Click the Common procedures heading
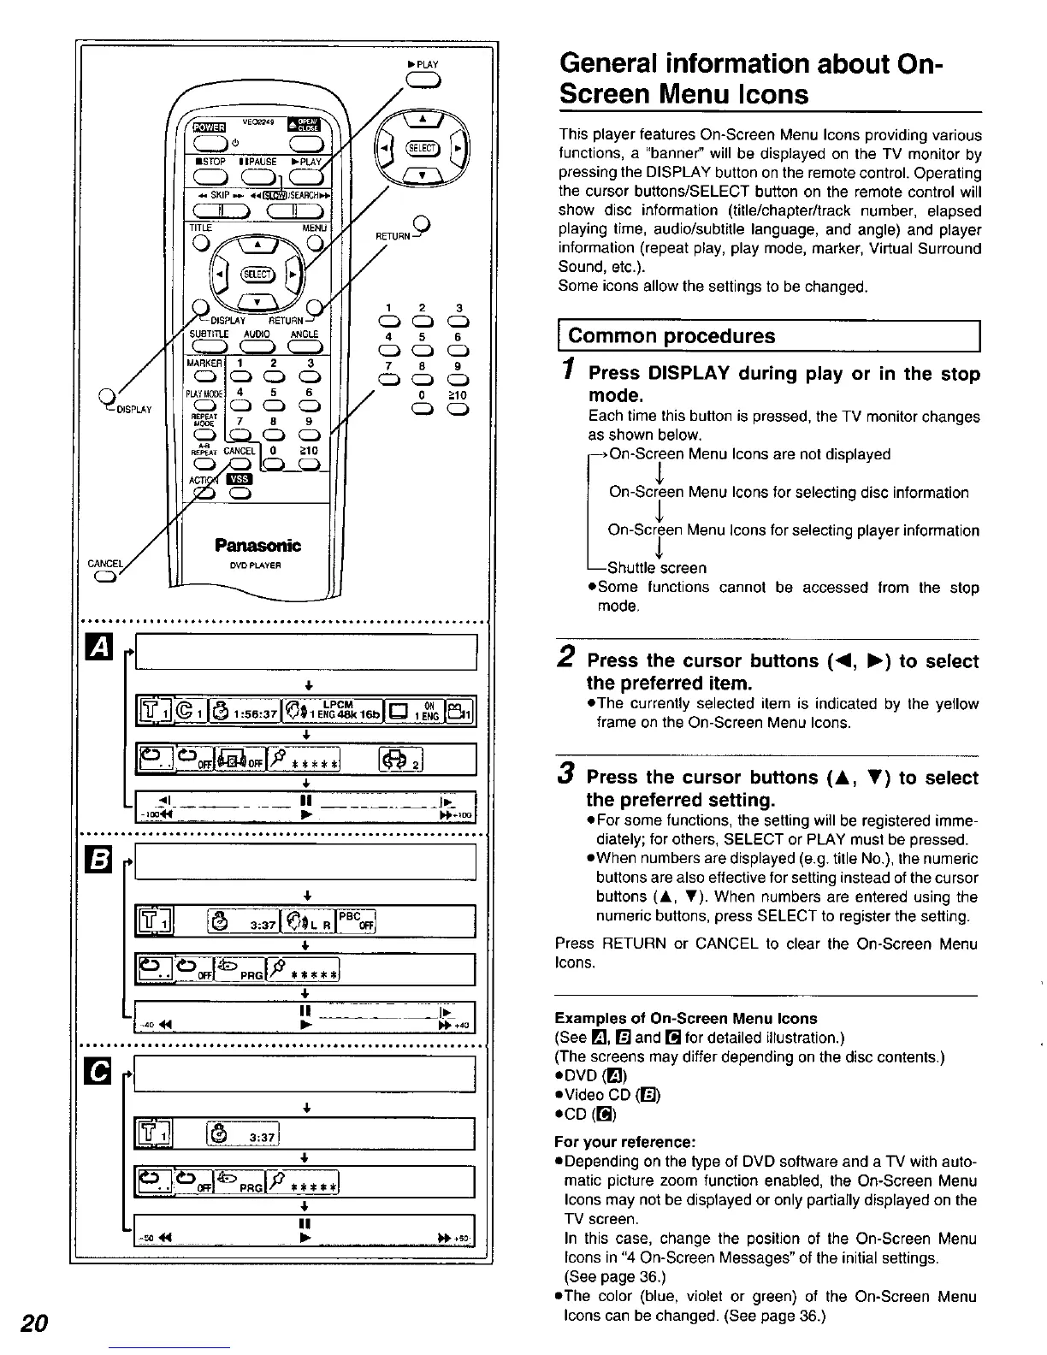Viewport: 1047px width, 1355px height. click(x=671, y=335)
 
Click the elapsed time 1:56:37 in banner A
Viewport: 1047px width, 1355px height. click(x=250, y=712)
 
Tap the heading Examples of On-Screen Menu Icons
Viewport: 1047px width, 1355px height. click(x=686, y=1018)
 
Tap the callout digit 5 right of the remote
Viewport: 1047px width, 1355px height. click(x=423, y=337)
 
